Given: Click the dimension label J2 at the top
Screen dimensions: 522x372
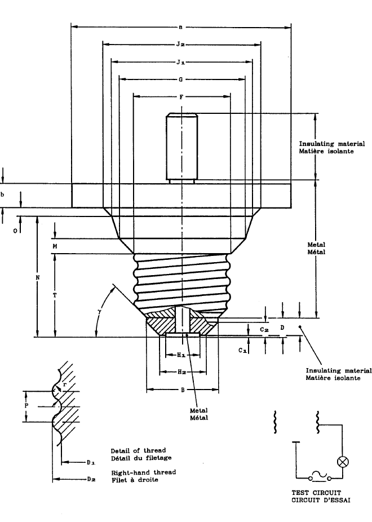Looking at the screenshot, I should pos(182,43).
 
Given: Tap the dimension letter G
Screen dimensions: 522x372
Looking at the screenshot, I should pos(181,79).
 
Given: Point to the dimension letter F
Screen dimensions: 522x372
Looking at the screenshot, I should pos(181,97).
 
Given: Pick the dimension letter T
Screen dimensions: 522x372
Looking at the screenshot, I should pos(56,295).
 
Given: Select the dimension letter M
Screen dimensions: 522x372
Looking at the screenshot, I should pos(56,246).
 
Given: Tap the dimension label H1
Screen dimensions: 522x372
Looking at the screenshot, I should pos(181,355).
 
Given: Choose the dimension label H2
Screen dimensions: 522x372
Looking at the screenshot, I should pos(181,373).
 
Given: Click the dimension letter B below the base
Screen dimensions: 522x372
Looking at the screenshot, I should pos(181,390).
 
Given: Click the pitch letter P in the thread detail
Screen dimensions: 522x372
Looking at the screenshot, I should pos(26,406).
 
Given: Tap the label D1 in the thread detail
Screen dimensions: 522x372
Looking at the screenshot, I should pos(90,462).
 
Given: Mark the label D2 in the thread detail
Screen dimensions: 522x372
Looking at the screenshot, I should pos(90,480).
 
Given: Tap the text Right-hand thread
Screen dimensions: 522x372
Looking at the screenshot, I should pos(143,471).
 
